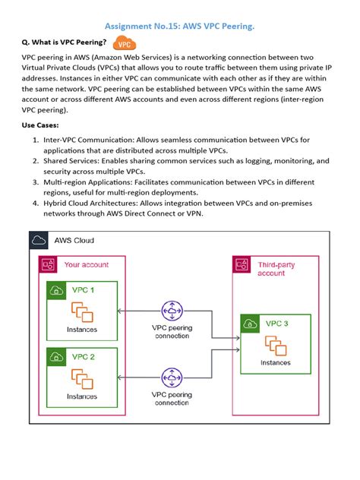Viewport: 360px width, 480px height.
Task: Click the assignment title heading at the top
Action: pos(179,27)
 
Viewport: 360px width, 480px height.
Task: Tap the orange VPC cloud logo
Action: pos(124,44)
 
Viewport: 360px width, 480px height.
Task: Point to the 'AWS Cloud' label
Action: pos(74,241)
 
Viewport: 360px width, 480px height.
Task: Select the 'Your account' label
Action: pos(86,265)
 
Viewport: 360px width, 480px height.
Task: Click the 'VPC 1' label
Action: pos(83,290)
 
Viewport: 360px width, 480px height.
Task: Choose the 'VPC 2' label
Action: pos(83,356)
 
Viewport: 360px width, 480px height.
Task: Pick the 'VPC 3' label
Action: pos(276,324)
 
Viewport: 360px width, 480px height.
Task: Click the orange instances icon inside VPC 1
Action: pos(81,312)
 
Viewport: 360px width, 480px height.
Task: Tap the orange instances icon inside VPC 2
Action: pos(81,378)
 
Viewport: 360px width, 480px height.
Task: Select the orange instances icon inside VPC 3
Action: pos(275,346)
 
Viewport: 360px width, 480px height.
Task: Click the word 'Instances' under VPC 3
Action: pos(275,363)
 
